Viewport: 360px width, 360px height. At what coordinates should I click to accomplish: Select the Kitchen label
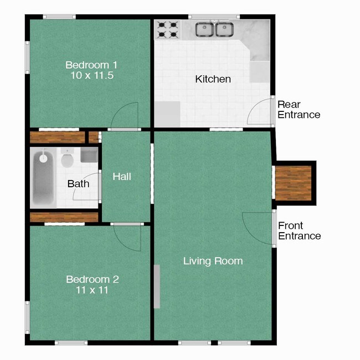click(x=213, y=79)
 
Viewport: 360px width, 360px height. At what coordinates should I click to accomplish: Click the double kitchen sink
click(x=215, y=29)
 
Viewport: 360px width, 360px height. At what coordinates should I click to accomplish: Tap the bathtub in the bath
click(x=43, y=177)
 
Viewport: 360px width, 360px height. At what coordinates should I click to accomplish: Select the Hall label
click(x=122, y=177)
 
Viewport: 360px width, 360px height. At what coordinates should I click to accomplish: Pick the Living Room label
click(x=213, y=260)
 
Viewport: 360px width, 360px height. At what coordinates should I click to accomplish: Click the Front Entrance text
click(x=299, y=231)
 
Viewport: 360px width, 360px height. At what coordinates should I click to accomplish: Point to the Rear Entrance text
click(x=299, y=110)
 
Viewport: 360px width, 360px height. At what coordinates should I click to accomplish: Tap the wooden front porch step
click(x=294, y=183)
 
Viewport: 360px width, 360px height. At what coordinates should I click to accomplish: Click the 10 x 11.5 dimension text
click(x=92, y=75)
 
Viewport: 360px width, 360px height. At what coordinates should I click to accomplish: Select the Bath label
click(x=78, y=183)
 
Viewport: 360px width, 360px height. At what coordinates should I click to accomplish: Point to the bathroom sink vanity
click(x=89, y=155)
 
